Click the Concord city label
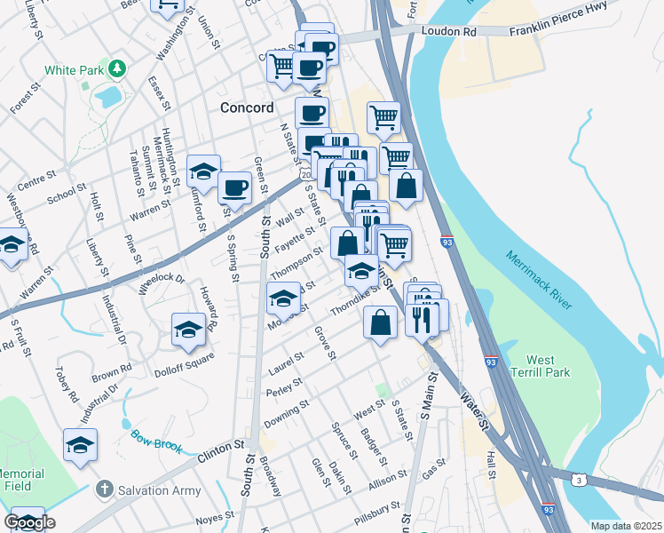247,107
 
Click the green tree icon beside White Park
116,68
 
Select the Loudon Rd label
457,31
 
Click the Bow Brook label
155,438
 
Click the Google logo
29,522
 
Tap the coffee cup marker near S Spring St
234,187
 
